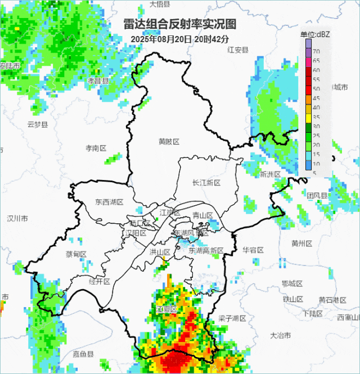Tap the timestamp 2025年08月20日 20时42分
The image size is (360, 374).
click(180, 39)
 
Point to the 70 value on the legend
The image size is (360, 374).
click(316, 52)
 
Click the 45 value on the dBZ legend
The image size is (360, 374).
click(316, 98)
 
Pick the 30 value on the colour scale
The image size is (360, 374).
click(316, 126)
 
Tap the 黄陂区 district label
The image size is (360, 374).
click(169, 142)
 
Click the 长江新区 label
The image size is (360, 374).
click(206, 183)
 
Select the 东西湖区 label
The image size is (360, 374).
click(109, 202)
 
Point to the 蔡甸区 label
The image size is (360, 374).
click(76, 254)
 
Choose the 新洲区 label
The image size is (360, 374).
click(270, 174)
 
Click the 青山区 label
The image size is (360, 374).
click(202, 215)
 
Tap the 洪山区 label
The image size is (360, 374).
click(160, 252)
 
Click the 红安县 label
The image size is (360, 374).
click(238, 50)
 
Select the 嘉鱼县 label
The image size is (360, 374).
click(83, 354)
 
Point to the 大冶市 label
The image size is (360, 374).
click(280, 336)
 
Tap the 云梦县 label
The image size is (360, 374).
click(38, 124)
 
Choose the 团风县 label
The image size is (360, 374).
click(317, 195)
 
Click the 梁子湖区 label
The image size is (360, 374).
click(232, 318)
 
